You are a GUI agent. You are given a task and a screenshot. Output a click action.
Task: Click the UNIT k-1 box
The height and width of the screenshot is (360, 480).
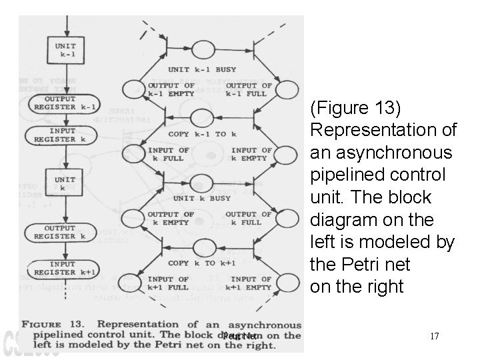65,50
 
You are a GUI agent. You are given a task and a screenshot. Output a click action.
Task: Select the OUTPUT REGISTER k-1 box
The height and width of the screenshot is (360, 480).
65,103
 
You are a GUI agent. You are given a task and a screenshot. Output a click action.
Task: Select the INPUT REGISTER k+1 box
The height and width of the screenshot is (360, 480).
65,268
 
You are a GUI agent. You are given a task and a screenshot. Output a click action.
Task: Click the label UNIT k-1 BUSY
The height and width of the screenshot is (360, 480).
201,70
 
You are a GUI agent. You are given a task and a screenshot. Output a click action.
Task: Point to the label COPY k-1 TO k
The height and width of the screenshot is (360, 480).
201,134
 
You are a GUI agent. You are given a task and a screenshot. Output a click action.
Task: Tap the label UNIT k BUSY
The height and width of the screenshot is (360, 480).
201,198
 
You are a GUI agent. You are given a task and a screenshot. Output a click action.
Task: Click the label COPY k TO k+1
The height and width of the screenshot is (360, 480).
201,263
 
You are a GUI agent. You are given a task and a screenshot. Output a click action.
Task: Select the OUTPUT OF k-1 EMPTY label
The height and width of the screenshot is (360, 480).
171,89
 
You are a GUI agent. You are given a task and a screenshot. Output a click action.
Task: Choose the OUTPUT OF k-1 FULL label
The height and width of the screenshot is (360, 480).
249,89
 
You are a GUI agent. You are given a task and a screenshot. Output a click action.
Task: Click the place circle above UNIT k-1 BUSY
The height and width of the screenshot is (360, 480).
202,49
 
